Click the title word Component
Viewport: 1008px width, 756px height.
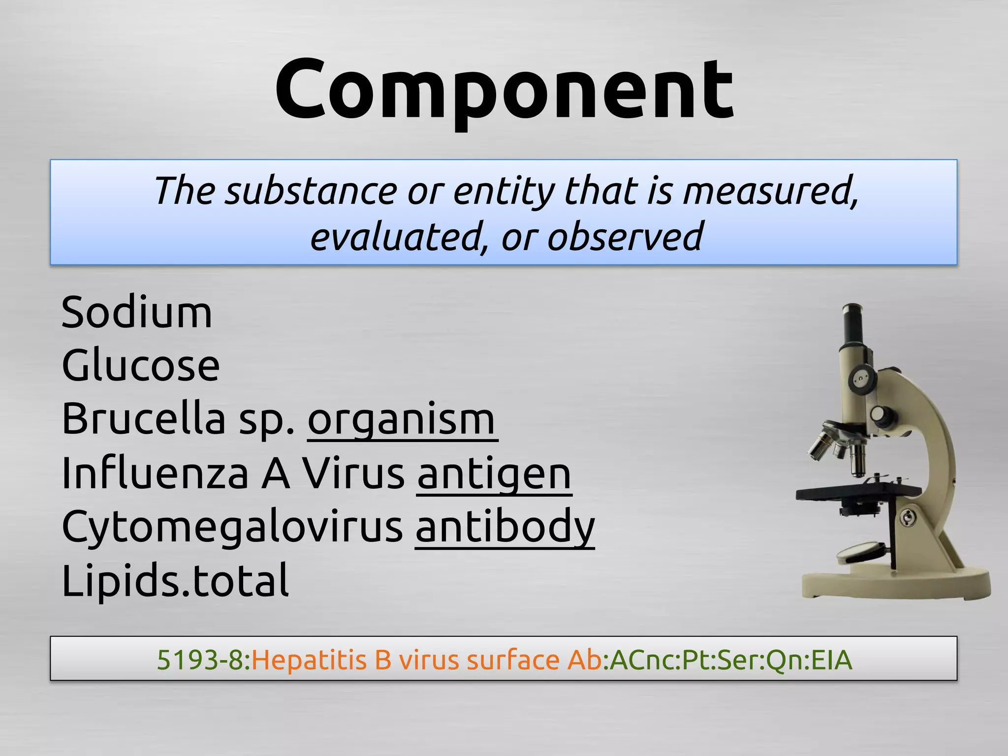(x=504, y=91)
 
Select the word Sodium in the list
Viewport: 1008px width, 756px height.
(x=137, y=313)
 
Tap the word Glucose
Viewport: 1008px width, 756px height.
(x=141, y=366)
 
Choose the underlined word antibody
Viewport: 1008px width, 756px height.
(x=505, y=527)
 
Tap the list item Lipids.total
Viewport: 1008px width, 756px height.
(x=175, y=581)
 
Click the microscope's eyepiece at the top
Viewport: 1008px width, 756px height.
(x=853, y=320)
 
